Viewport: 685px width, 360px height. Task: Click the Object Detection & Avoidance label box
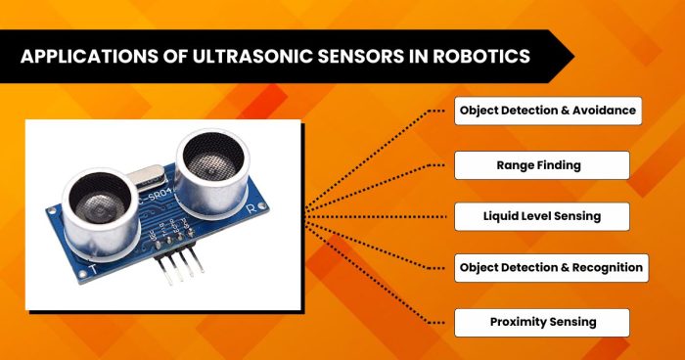coord(549,111)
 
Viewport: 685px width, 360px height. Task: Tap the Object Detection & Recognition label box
coord(551,267)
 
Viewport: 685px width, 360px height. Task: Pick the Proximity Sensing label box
coord(542,321)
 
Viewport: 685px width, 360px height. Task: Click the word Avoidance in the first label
coord(607,111)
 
